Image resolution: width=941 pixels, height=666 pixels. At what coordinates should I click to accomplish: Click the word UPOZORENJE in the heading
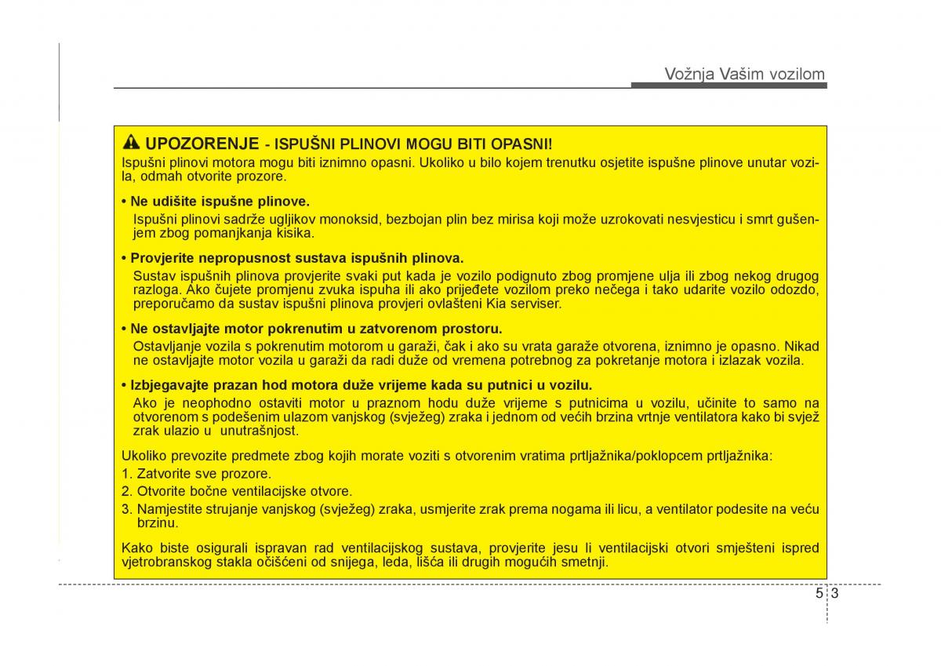point(202,144)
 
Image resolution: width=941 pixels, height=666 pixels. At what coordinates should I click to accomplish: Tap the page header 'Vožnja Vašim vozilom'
point(744,74)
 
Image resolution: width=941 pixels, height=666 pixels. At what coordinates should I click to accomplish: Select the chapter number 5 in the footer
point(819,594)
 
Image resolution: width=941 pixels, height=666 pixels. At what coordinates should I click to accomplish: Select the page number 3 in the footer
point(835,594)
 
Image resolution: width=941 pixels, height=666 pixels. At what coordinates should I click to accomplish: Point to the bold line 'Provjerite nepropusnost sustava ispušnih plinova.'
point(292,257)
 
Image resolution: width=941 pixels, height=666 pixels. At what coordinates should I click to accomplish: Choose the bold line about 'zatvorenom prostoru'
point(311,328)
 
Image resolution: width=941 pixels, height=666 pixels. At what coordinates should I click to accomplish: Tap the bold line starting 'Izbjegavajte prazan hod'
point(357,384)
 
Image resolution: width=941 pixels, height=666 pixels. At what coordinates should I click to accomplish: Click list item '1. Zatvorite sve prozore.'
point(196,474)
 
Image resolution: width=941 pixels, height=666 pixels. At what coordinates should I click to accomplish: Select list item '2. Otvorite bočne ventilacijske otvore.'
point(236,491)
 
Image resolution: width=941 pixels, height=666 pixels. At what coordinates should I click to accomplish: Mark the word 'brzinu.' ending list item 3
point(157,522)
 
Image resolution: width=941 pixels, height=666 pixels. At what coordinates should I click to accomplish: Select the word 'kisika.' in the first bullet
point(296,232)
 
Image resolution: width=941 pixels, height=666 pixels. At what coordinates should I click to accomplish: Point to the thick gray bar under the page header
point(728,86)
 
